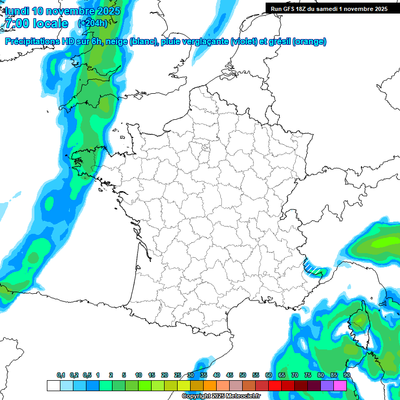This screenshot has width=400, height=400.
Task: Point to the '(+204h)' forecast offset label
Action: [x=92, y=23]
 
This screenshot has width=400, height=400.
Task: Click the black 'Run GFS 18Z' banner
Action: [x=329, y=8]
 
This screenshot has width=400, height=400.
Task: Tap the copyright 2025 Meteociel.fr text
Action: [x=221, y=396]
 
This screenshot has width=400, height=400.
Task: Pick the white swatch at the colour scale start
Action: [x=53, y=386]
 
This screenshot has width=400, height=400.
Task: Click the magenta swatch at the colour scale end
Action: [x=340, y=386]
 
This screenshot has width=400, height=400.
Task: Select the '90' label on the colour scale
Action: [x=347, y=376]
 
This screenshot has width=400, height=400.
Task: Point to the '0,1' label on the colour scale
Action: [x=61, y=376]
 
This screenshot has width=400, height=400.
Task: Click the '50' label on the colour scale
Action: [x=243, y=376]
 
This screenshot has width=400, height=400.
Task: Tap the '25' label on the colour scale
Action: [x=178, y=376]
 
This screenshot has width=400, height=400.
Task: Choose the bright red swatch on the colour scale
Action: [x=275, y=386]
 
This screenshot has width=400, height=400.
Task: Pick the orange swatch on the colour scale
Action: [x=210, y=386]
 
